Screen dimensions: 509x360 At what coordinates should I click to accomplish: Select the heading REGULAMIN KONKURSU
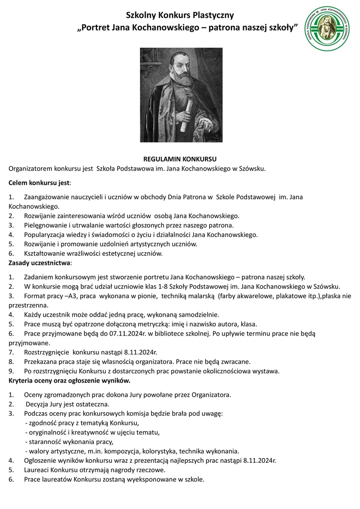click(x=180, y=159)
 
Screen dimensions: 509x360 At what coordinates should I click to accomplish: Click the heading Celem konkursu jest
click(x=39, y=182)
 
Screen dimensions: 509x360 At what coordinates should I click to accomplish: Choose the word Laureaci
click(x=39, y=470)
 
